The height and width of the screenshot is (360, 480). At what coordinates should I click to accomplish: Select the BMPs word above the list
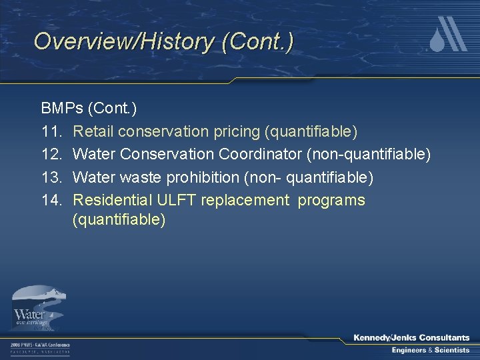coord(62,108)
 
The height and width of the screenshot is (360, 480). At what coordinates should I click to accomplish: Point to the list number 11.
coord(52,131)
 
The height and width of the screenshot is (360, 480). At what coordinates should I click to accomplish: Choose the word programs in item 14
coord(331,200)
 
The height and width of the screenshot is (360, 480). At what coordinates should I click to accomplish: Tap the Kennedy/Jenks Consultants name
coord(411,338)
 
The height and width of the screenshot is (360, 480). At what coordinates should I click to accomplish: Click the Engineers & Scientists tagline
coord(430,350)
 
